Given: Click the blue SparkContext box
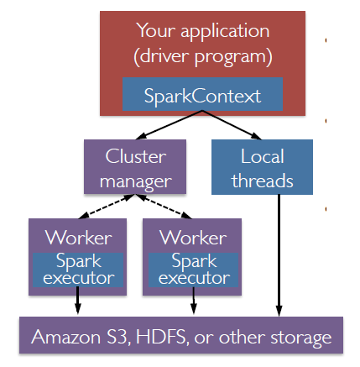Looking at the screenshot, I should [202, 95].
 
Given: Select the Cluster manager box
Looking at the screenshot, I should [136, 168].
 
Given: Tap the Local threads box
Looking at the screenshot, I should [262, 168].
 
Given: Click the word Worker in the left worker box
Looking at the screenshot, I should [78, 237].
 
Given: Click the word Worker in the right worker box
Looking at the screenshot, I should [192, 237].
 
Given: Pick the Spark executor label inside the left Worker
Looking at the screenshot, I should [78, 269].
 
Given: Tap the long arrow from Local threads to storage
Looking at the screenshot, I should [278, 252].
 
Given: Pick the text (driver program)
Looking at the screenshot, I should [202, 57].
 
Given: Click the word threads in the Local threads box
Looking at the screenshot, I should [262, 181].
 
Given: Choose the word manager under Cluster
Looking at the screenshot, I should [136, 181].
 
